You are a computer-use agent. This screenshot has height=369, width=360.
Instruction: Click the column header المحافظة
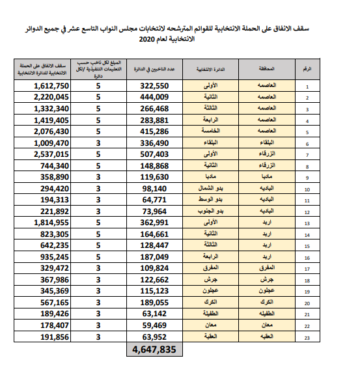[x=268, y=69]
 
